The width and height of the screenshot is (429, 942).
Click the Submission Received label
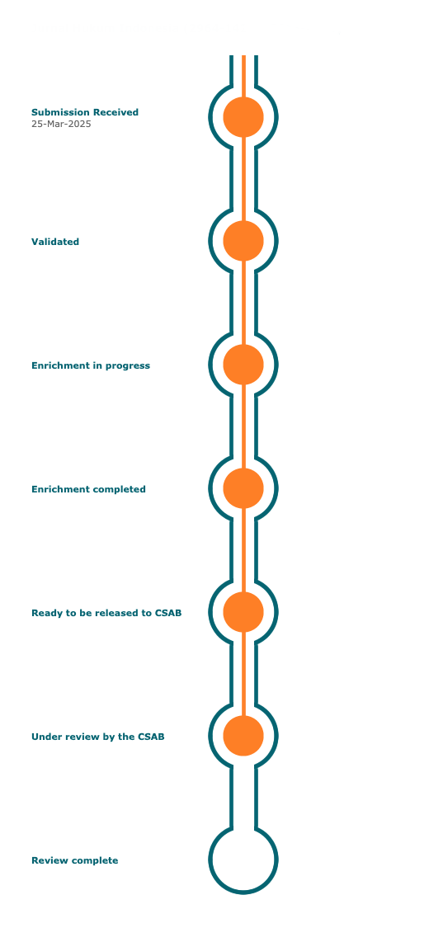click(x=85, y=112)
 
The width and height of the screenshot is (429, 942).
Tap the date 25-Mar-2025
click(x=61, y=125)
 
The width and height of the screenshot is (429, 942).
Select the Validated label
click(x=55, y=242)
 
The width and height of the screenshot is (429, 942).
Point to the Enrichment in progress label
click(x=91, y=365)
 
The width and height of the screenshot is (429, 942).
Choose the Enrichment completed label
click(x=88, y=489)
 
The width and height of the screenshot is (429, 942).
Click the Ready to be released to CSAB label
click(x=106, y=613)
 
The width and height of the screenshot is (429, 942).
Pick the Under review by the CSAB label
click(x=98, y=737)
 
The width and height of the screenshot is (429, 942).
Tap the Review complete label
click(x=74, y=860)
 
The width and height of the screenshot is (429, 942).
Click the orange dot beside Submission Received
click(x=243, y=117)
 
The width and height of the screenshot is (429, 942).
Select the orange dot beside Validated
click(x=243, y=241)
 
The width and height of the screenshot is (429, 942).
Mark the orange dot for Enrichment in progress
click(x=243, y=365)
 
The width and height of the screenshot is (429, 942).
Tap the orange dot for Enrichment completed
click(x=243, y=488)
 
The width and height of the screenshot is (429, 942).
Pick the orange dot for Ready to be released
click(x=243, y=612)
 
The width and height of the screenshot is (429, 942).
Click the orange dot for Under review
click(x=243, y=736)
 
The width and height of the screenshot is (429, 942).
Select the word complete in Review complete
click(x=95, y=861)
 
